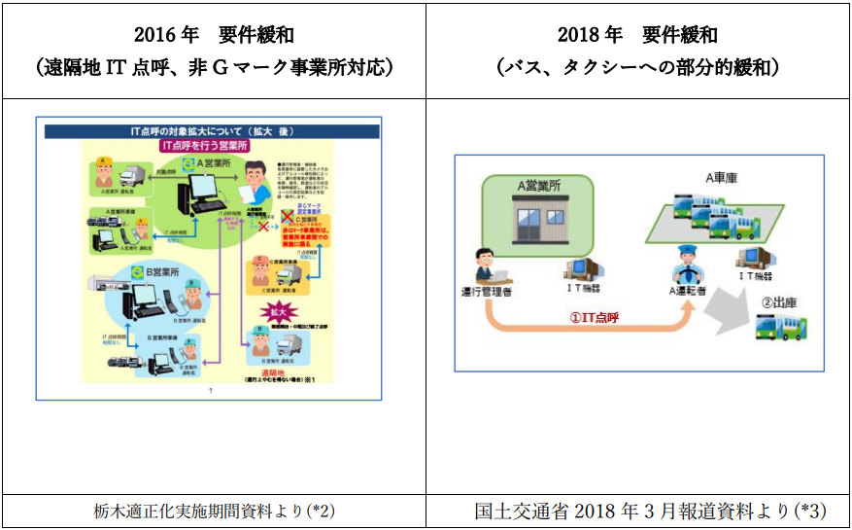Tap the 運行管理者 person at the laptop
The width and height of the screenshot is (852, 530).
[x=484, y=268]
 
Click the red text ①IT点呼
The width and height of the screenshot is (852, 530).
[x=594, y=317]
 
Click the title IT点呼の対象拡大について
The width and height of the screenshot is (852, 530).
[x=202, y=129]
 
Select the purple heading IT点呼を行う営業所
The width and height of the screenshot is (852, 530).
[x=207, y=144]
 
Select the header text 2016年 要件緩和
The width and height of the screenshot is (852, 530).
[x=213, y=36]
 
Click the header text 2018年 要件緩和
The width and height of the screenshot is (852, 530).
[x=637, y=36]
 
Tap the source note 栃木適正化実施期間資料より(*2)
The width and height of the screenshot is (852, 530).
[x=213, y=511]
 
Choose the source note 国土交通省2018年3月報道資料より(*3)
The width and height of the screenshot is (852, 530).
[x=637, y=511]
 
